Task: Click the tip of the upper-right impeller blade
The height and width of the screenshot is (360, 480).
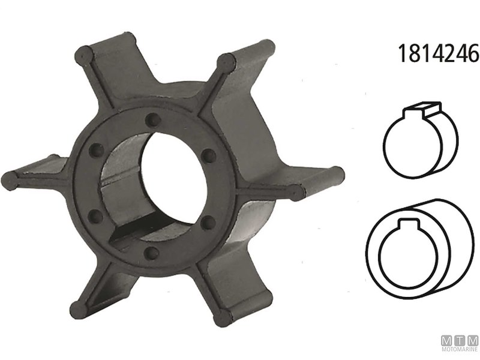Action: pyautogui.click(x=225, y=60)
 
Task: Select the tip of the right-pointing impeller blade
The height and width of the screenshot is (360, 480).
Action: pyautogui.click(x=296, y=191)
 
